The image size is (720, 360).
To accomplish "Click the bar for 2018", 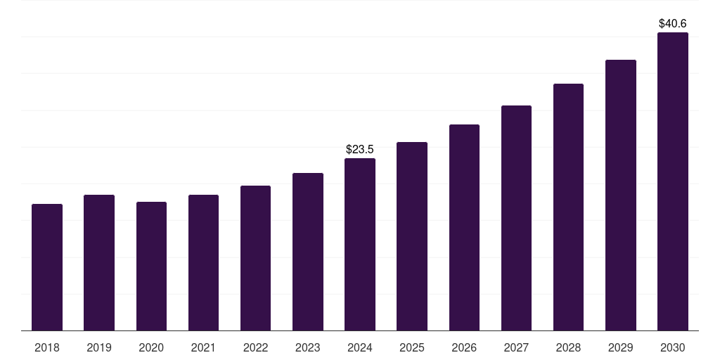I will click(x=47, y=267).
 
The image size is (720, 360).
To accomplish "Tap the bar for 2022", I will click(x=255, y=258).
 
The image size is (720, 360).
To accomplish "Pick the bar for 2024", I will click(x=360, y=244).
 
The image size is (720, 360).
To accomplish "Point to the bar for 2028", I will click(x=568, y=207).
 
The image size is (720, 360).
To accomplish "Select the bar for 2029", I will click(x=620, y=195).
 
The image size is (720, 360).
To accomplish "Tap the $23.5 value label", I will click(x=360, y=149).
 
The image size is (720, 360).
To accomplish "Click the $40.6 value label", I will click(x=672, y=23).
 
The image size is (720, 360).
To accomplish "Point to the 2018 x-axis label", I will click(x=47, y=347).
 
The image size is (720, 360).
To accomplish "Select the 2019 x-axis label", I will click(x=99, y=347).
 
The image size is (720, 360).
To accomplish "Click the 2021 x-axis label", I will click(x=203, y=347).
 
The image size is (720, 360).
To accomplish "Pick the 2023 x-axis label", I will click(x=307, y=347).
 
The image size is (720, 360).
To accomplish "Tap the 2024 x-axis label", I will click(x=360, y=347).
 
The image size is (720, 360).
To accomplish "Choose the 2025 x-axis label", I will click(x=412, y=347).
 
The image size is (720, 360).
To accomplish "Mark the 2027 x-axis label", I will click(x=516, y=347).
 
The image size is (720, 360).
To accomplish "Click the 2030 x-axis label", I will click(x=672, y=347).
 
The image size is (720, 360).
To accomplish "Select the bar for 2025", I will click(x=412, y=236).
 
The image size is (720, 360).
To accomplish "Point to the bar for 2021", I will click(x=203, y=262).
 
